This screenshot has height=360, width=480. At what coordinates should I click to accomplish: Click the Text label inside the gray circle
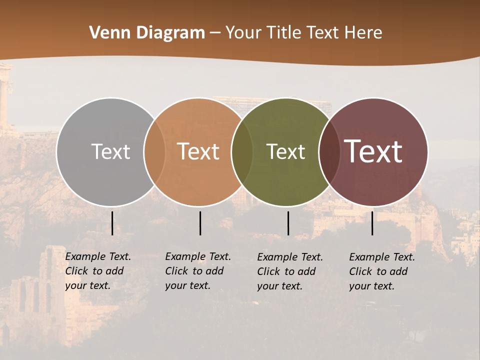coord(110,151)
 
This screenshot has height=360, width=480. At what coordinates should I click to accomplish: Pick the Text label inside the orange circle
coord(198,151)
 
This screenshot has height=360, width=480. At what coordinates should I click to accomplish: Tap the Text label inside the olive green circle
coord(285,151)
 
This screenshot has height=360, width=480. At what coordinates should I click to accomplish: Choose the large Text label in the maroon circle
coord(373,151)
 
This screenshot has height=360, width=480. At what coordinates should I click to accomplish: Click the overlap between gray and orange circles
coord(154,151)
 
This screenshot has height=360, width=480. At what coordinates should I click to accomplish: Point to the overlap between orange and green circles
coord(242,151)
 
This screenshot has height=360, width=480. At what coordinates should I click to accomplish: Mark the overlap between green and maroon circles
coord(329,151)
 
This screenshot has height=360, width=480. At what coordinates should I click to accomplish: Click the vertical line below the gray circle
coord(112,223)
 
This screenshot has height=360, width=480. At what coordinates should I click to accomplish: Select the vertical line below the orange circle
coord(200,223)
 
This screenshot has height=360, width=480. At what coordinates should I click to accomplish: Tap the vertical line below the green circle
coord(288,223)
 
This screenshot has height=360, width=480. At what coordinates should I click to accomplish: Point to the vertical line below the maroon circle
coord(372,223)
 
